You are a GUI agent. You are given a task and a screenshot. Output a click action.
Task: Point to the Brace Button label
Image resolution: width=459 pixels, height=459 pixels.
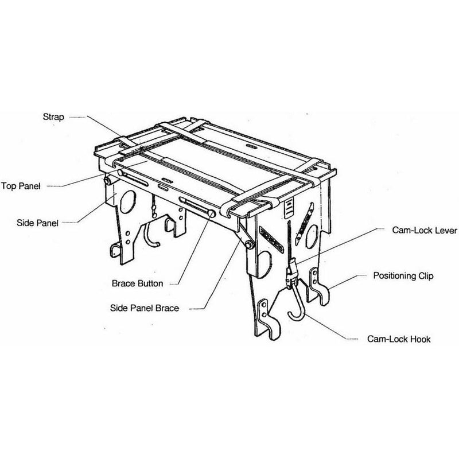click(138, 283)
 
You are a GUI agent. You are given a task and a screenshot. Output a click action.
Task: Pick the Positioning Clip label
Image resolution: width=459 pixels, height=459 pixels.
click(403, 276)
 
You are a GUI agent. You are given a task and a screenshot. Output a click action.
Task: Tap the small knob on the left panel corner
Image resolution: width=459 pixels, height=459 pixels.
click(107, 181)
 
